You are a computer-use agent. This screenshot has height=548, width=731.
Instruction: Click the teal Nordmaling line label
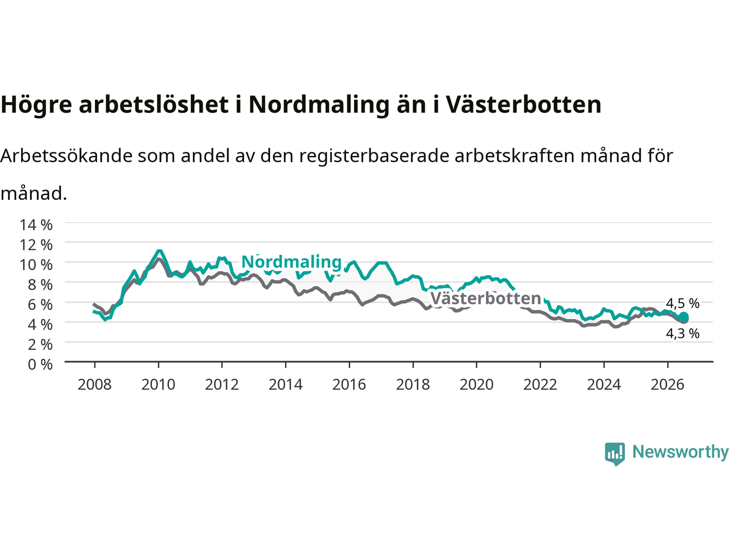[291, 262]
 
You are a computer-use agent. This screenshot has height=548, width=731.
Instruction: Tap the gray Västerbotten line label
[486, 298]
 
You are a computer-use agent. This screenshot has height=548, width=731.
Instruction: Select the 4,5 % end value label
[682, 304]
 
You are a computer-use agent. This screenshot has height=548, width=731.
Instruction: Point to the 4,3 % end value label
[682, 333]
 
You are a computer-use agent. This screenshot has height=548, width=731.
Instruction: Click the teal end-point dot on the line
[684, 316]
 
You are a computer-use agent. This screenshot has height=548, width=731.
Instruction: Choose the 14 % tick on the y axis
[37, 225]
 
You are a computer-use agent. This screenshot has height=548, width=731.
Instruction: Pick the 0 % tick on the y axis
[41, 365]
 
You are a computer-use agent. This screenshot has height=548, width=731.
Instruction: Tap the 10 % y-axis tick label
[37, 265]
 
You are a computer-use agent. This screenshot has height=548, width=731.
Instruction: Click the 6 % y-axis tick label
[41, 305]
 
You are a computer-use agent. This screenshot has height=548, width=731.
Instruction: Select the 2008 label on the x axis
[95, 385]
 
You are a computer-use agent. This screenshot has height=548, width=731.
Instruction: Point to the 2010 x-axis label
[158, 385]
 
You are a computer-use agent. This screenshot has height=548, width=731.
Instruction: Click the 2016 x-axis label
[349, 385]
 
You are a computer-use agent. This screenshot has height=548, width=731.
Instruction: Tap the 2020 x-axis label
[476, 385]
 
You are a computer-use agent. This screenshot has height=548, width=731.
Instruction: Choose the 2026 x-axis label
[668, 385]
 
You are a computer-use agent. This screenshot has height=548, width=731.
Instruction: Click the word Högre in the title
[37, 105]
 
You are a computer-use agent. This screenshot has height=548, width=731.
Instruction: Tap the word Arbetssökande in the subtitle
[67, 156]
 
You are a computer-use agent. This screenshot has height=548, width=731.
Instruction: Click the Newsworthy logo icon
[614, 454]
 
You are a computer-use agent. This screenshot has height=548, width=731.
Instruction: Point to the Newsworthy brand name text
[680, 452]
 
